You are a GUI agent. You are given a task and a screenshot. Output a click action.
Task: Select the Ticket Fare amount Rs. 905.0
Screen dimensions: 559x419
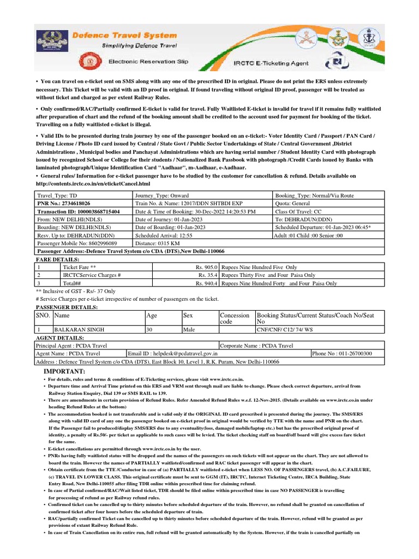click(x=207, y=267)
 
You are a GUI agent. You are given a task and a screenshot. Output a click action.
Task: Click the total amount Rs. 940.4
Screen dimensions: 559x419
click(x=207, y=283)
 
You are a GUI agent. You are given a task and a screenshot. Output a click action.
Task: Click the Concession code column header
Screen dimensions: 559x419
click(x=234, y=318)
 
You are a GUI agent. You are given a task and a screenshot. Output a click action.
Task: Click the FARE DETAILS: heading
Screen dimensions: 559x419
click(x=57, y=259)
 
